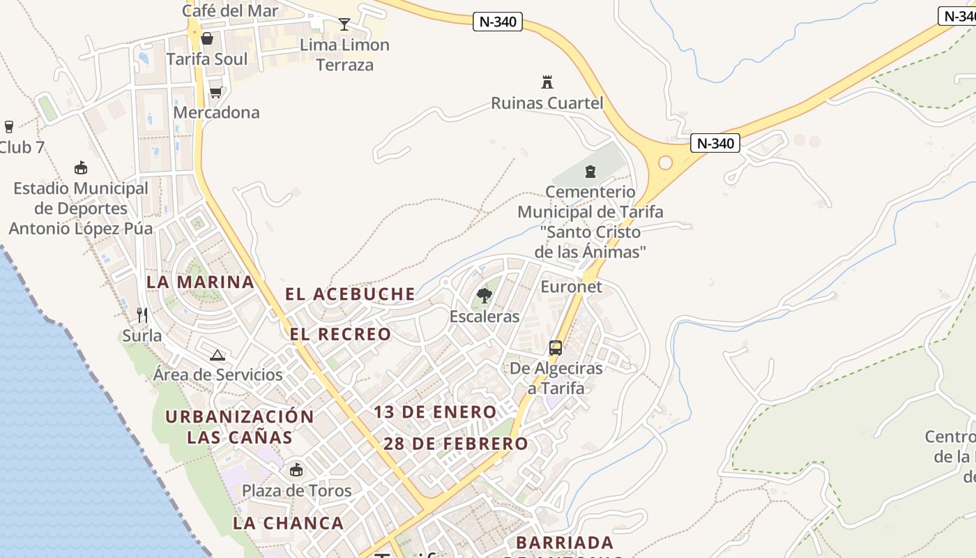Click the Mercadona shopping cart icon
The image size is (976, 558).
click(x=216, y=92)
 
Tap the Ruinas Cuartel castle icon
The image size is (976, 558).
click(x=547, y=82)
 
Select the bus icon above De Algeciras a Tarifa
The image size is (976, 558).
click(x=556, y=347)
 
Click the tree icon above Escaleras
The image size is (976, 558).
click(x=484, y=296)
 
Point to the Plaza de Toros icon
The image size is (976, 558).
click(x=296, y=469)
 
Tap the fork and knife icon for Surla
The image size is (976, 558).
click(x=142, y=315)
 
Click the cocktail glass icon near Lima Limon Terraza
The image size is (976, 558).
click(x=344, y=25)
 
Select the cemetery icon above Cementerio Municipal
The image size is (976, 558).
click(x=590, y=171)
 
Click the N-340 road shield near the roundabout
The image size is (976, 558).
click(x=716, y=143)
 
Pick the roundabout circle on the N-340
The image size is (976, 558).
click(x=665, y=163)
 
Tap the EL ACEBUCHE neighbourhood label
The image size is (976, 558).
click(x=350, y=294)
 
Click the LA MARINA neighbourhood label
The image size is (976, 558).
click(x=200, y=282)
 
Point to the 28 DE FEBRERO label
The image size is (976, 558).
click(x=456, y=444)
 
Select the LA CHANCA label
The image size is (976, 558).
click(x=288, y=522)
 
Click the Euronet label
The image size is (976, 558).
click(x=571, y=287)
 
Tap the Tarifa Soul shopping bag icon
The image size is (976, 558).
click(x=207, y=38)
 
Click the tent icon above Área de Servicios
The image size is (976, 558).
click(x=218, y=355)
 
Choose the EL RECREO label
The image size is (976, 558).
click(x=340, y=334)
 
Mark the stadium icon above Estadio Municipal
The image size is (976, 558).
click(x=81, y=167)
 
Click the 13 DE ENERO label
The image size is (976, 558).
click(x=435, y=412)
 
